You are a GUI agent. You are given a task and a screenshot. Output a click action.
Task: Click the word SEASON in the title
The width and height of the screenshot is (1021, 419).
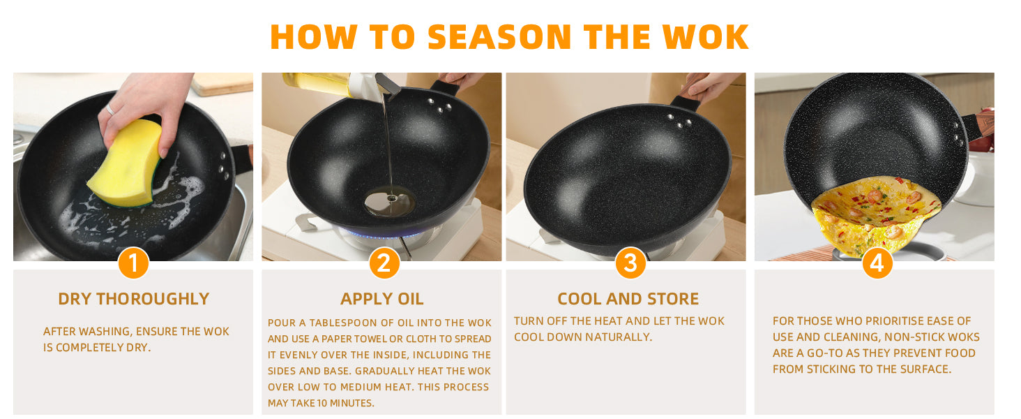499,37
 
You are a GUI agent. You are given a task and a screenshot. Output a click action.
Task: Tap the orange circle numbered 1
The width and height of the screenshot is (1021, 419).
133,263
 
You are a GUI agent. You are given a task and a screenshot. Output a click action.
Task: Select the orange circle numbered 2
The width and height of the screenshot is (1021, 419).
384,263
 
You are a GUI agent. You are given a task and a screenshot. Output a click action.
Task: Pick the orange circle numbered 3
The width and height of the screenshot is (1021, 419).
630,263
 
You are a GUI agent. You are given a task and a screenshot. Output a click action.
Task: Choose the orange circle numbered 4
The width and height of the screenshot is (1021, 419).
877,263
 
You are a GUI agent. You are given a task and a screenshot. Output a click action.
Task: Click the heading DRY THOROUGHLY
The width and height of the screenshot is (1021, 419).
133,299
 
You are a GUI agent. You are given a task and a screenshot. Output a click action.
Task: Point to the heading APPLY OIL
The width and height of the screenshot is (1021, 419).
382,299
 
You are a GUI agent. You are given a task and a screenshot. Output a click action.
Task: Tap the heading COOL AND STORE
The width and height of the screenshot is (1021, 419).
628,299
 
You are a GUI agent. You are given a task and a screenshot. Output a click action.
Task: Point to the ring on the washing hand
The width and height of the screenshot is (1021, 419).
110,110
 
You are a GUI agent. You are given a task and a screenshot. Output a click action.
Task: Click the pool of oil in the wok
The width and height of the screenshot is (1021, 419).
390,201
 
